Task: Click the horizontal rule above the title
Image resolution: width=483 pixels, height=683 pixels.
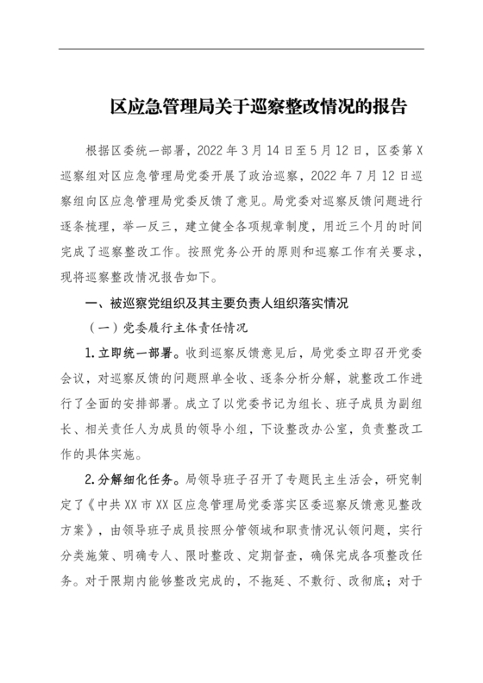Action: [x=241, y=49]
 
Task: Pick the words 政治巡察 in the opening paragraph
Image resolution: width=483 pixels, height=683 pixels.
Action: [x=273, y=177]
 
